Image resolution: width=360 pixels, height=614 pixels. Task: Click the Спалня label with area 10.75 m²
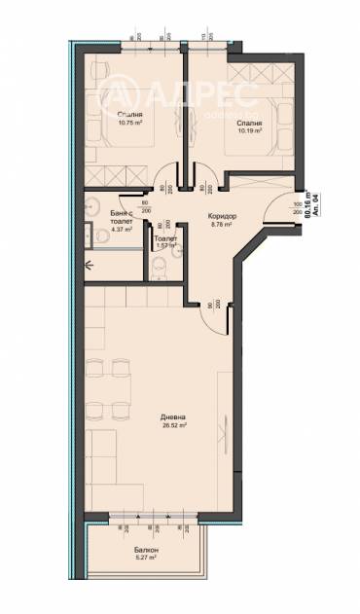(116, 114)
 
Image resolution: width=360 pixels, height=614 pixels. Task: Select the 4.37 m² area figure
(121, 230)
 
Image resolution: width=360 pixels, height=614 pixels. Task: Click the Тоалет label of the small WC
(164, 237)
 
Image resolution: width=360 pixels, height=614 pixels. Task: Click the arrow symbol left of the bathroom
(89, 263)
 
